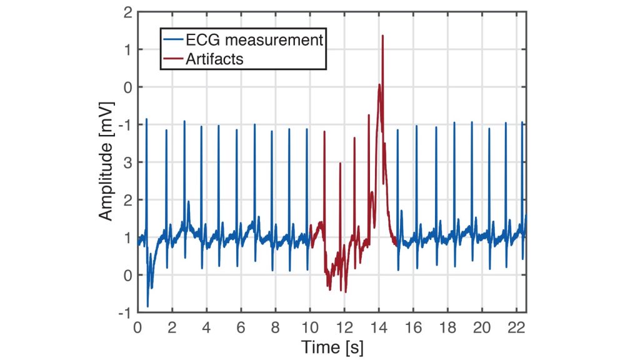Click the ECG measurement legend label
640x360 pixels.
pyautogui.click(x=253, y=41)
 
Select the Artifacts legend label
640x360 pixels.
pyautogui.click(x=214, y=59)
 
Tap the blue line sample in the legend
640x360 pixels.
pyautogui.click(x=172, y=41)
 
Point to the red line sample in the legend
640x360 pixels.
pyautogui.click(x=172, y=59)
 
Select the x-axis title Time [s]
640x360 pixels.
pyautogui.click(x=332, y=346)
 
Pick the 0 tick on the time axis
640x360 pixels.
pyautogui.click(x=137, y=326)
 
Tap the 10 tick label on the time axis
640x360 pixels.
pyautogui.click(x=309, y=326)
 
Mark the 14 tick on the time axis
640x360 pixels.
pyautogui.click(x=379, y=326)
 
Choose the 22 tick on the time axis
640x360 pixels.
pyautogui.click(x=516, y=326)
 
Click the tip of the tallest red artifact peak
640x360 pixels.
pyautogui.click(x=382, y=36)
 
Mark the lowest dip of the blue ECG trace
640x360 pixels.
pyautogui.click(x=148, y=307)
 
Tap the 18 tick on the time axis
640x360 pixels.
pyautogui.click(x=447, y=326)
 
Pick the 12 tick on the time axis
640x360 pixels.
pyautogui.click(x=344, y=326)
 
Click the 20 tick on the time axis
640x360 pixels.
pyautogui.click(x=482, y=326)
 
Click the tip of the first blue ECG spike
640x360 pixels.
pyautogui.click(x=146, y=119)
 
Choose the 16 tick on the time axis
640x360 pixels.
pyautogui.click(x=413, y=326)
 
